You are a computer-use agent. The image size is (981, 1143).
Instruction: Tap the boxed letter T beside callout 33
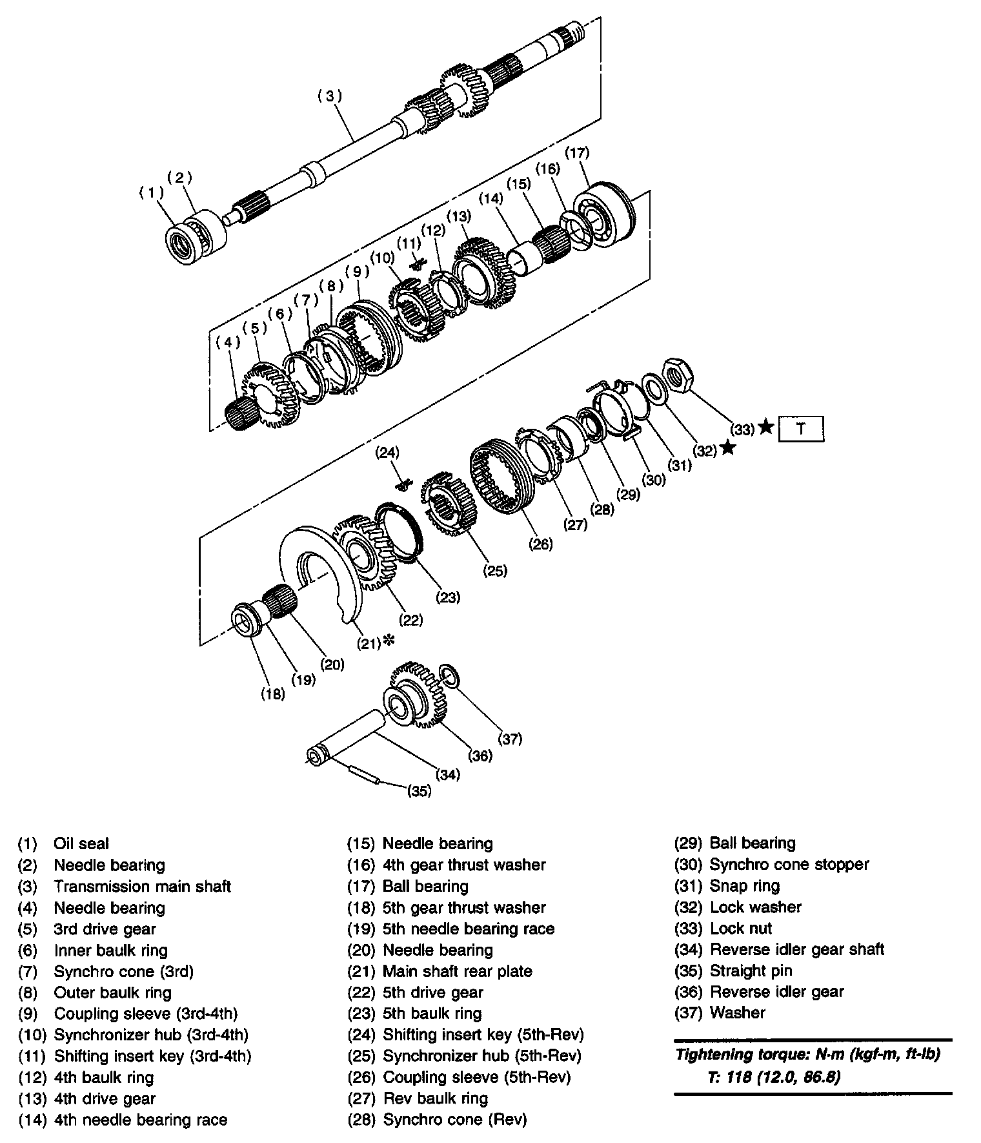pos(801,429)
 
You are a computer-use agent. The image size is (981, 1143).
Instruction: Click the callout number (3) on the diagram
pos(329,96)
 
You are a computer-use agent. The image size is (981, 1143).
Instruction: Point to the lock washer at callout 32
pos(656,388)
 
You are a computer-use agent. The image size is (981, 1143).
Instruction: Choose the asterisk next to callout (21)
pos(388,641)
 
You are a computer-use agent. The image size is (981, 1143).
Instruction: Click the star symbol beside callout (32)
pos(727,447)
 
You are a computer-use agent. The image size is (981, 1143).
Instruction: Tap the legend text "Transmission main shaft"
pos(142,887)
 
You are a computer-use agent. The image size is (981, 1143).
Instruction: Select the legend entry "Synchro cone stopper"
pos(789,864)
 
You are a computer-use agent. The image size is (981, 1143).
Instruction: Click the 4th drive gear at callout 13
pos(487,271)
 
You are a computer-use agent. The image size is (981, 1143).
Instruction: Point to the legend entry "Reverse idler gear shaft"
pos(796,949)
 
